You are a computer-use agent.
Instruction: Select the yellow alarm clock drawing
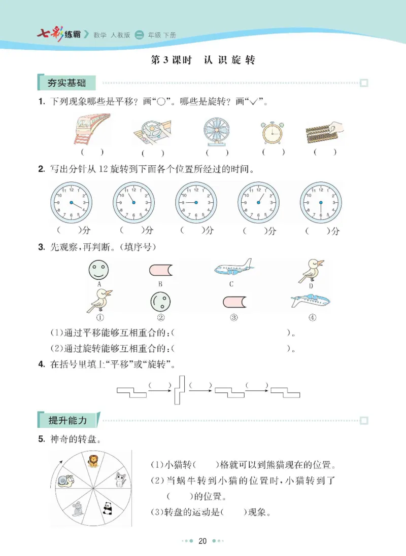tap(274, 132)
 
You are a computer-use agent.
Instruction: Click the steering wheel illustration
tap(153, 133)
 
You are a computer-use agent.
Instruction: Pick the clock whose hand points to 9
tap(196, 203)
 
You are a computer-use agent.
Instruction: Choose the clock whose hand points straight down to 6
tap(321, 203)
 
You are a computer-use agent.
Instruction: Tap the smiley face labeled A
tap(98, 269)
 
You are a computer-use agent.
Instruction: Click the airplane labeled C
tap(233, 268)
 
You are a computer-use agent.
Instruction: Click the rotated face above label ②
tap(160, 302)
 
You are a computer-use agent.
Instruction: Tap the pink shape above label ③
tap(234, 303)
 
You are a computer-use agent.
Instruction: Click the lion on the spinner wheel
tap(93, 461)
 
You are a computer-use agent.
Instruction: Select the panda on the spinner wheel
tap(108, 508)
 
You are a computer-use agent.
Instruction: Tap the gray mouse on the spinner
tap(77, 509)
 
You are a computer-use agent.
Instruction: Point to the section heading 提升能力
tap(67, 421)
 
